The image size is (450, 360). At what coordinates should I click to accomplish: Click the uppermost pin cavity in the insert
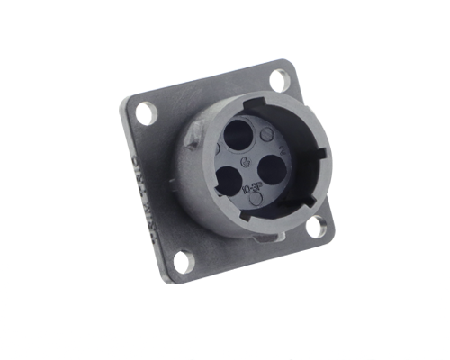[238, 136]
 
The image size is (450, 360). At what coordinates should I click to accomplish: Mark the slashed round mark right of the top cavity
[266, 135]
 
